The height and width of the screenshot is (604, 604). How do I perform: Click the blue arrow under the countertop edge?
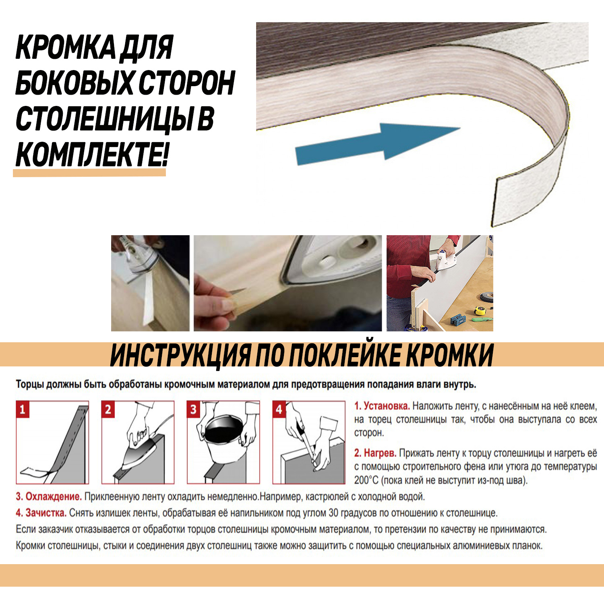pyautogui.click(x=374, y=144)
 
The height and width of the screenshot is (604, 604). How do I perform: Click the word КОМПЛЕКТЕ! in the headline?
pyautogui.click(x=91, y=155)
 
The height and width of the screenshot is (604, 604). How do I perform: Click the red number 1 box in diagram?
pyautogui.click(x=23, y=410)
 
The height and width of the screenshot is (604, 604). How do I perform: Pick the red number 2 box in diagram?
pyautogui.click(x=108, y=410)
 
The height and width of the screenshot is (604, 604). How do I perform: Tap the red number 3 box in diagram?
pyautogui.click(x=193, y=410)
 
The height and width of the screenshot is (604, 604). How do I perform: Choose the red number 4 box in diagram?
pyautogui.click(x=279, y=410)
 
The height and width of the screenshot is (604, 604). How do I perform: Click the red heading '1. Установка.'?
pyautogui.click(x=382, y=406)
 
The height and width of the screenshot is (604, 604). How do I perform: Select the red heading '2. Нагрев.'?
pyautogui.click(x=375, y=453)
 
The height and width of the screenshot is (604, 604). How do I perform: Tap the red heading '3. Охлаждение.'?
pyautogui.click(x=49, y=496)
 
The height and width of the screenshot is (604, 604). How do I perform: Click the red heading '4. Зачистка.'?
pyautogui.click(x=41, y=513)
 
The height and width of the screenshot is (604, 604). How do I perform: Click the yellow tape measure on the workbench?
pyautogui.click(x=480, y=310)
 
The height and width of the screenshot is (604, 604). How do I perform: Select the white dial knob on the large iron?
pyautogui.click(x=327, y=262)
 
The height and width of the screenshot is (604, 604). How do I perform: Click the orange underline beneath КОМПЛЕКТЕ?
pyautogui.click(x=89, y=173)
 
